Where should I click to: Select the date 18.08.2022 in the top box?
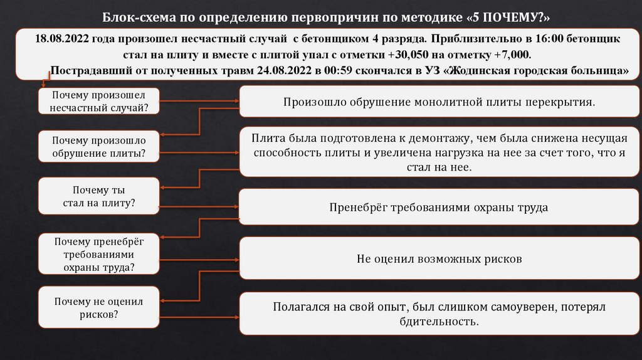(x=61, y=39)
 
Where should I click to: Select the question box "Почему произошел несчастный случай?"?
(x=99, y=101)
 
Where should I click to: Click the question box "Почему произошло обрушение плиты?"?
(x=99, y=147)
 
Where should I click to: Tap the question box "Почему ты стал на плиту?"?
(x=99, y=196)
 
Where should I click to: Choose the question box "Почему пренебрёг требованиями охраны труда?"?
(x=99, y=254)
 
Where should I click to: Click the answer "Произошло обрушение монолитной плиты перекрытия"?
(x=438, y=101)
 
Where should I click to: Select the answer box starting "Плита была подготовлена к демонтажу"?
(x=438, y=152)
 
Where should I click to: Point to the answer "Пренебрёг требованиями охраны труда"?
(x=438, y=207)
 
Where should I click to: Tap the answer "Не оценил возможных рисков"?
(x=438, y=258)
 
